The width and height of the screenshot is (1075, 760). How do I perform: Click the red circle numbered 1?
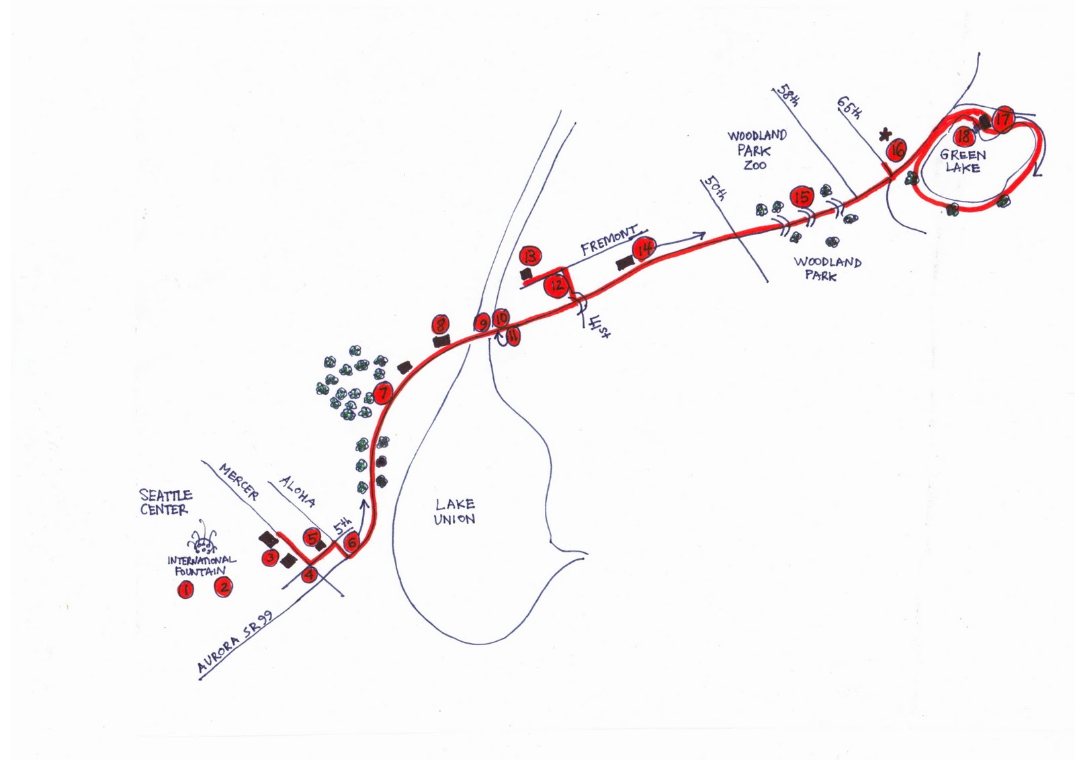click(x=185, y=590)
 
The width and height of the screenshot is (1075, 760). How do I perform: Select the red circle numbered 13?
click(x=530, y=255)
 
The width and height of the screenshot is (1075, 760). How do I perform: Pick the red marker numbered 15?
click(x=802, y=197)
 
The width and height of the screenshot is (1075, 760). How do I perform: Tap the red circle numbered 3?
click(x=270, y=557)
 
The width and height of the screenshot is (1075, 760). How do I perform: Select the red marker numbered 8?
click(x=441, y=325)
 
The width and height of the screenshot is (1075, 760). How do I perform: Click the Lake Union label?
click(x=454, y=511)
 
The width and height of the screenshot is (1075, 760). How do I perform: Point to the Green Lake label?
click(x=963, y=161)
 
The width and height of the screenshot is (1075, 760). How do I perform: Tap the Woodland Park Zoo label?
click(x=756, y=150)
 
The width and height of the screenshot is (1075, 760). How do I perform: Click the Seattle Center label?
click(x=165, y=502)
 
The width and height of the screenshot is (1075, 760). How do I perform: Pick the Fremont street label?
click(x=609, y=240)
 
